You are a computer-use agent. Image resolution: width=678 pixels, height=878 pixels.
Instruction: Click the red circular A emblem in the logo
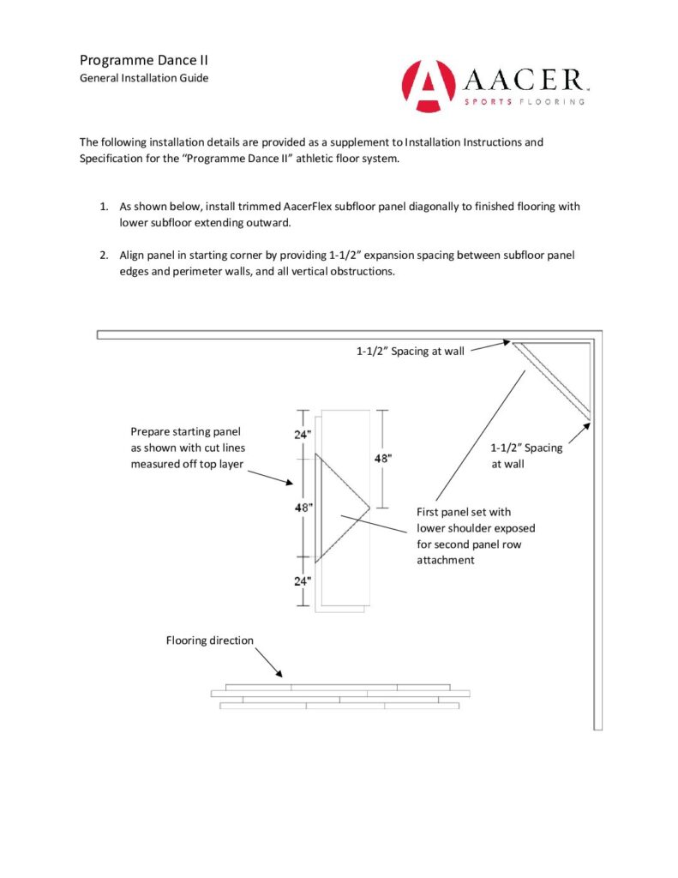coord(428,86)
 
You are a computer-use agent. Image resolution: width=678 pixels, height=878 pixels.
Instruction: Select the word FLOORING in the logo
coord(552,101)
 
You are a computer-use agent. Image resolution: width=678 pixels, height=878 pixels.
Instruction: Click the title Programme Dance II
coord(144,60)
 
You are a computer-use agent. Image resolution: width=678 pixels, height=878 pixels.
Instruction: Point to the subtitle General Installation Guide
coord(144,78)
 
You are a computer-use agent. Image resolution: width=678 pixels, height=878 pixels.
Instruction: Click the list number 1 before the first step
coord(103,207)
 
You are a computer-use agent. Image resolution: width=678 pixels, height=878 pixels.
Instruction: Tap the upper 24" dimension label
coord(303,435)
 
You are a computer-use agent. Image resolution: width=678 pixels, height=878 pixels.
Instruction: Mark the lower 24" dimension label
coord(303,580)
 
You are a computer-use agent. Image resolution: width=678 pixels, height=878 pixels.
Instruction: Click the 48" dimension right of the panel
coord(383,458)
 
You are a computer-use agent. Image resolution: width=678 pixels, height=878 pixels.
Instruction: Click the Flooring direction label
coord(209,640)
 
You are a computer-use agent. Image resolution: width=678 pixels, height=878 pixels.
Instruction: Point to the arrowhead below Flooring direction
coord(279,673)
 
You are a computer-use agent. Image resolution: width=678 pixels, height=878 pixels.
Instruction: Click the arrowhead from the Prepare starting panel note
coord(291,484)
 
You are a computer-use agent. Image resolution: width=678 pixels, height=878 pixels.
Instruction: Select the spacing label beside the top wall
coord(410,351)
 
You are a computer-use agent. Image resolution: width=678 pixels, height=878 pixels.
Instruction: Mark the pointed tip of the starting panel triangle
coord(369,508)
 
